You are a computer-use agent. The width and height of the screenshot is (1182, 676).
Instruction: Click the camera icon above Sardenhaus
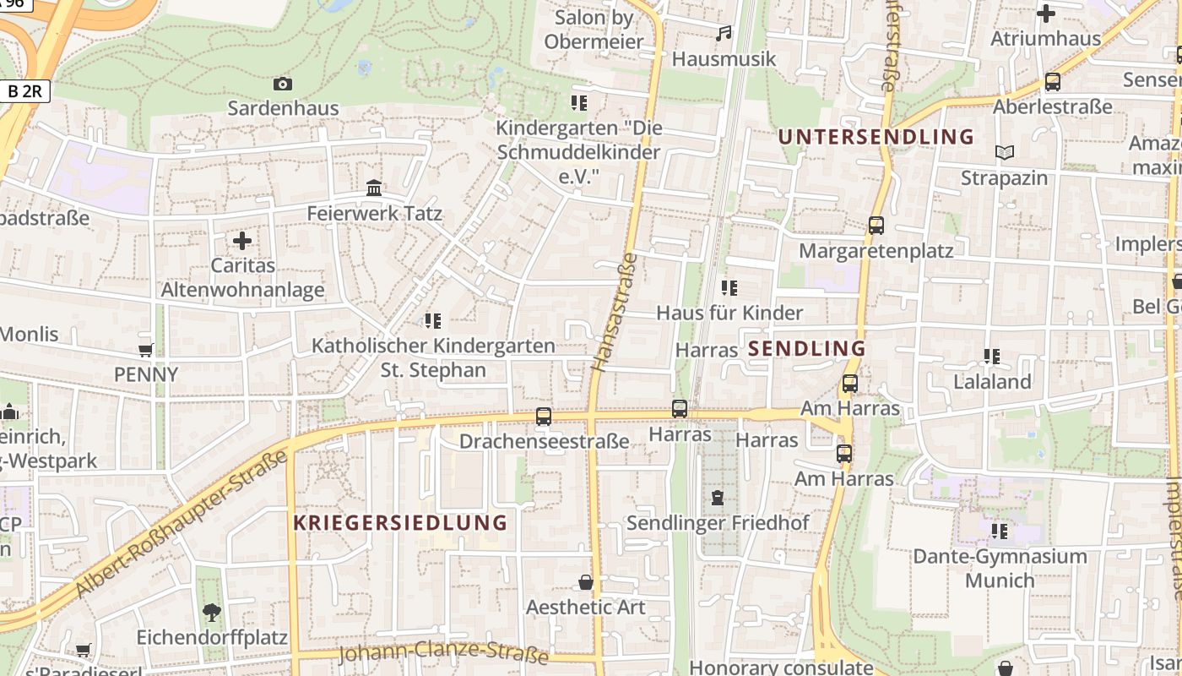click(x=283, y=84)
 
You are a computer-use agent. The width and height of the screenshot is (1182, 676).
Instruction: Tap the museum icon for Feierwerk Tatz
click(x=374, y=188)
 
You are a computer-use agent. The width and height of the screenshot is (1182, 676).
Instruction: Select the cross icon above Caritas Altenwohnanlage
click(x=242, y=241)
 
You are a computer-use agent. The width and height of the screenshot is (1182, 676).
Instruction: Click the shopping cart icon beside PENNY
click(x=145, y=350)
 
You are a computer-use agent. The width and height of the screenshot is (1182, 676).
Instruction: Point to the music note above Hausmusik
click(x=723, y=34)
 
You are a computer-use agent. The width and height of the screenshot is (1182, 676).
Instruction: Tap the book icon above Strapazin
click(x=1004, y=152)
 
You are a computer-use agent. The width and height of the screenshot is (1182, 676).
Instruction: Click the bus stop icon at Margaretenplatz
click(x=876, y=226)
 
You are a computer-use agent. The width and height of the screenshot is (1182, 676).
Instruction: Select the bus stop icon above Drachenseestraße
click(x=544, y=416)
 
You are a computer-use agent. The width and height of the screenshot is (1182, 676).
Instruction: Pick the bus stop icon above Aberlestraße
click(x=1052, y=82)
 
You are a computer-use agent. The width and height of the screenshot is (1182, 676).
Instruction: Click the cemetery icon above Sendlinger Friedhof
click(x=717, y=497)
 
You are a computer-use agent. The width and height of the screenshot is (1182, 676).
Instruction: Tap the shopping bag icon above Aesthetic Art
click(x=585, y=582)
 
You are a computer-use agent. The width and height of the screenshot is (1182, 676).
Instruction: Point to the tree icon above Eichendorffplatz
click(x=212, y=612)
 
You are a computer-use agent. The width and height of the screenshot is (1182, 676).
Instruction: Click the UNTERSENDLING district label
click(x=876, y=137)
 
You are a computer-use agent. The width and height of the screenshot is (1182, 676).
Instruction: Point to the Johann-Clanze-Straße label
click(x=443, y=653)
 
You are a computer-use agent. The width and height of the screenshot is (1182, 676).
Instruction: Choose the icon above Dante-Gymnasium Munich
click(x=1000, y=531)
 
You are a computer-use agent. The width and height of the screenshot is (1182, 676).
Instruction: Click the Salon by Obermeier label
click(x=594, y=30)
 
